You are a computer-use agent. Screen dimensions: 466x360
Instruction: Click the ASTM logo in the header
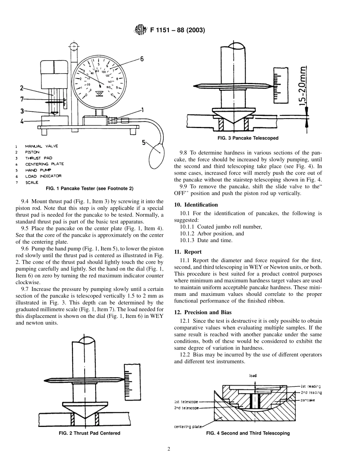click(140, 30)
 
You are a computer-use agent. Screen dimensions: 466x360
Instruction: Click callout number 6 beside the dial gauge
click(142, 59)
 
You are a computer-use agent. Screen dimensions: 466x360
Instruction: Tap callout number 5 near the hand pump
click(144, 143)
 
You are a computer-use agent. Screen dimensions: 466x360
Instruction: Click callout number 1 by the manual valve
click(142, 110)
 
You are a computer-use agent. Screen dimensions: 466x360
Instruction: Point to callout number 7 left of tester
click(22, 99)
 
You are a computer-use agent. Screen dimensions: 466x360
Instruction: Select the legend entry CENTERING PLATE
click(44, 164)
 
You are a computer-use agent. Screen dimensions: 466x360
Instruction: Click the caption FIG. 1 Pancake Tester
click(89, 188)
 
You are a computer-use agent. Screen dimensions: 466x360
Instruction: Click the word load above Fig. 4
click(253, 376)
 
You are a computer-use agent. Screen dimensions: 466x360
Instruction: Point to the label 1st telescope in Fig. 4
click(186, 402)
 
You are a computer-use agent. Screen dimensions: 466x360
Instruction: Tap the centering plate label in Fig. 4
click(188, 427)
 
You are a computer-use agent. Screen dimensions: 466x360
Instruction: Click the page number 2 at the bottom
click(169, 450)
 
